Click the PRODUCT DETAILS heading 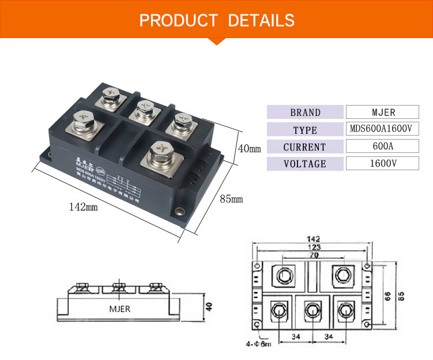tap(217, 21)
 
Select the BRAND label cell tap(305, 112)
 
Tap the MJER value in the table tap(381, 112)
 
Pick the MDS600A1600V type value tap(381, 129)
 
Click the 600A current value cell tap(381, 147)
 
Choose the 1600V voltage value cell tap(381, 163)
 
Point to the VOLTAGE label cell tap(305, 164)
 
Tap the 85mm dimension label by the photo tap(231, 200)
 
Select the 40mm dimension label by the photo tap(249, 149)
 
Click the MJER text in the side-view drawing tap(120, 309)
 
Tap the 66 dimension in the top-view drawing tap(387, 295)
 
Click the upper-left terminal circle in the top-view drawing tap(284, 276)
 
